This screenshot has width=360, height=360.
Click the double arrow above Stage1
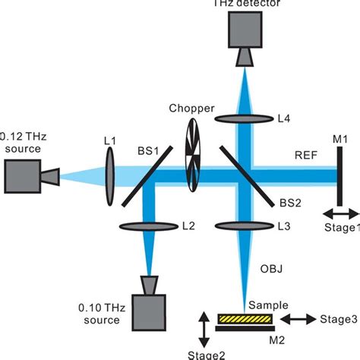tap(338, 214)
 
